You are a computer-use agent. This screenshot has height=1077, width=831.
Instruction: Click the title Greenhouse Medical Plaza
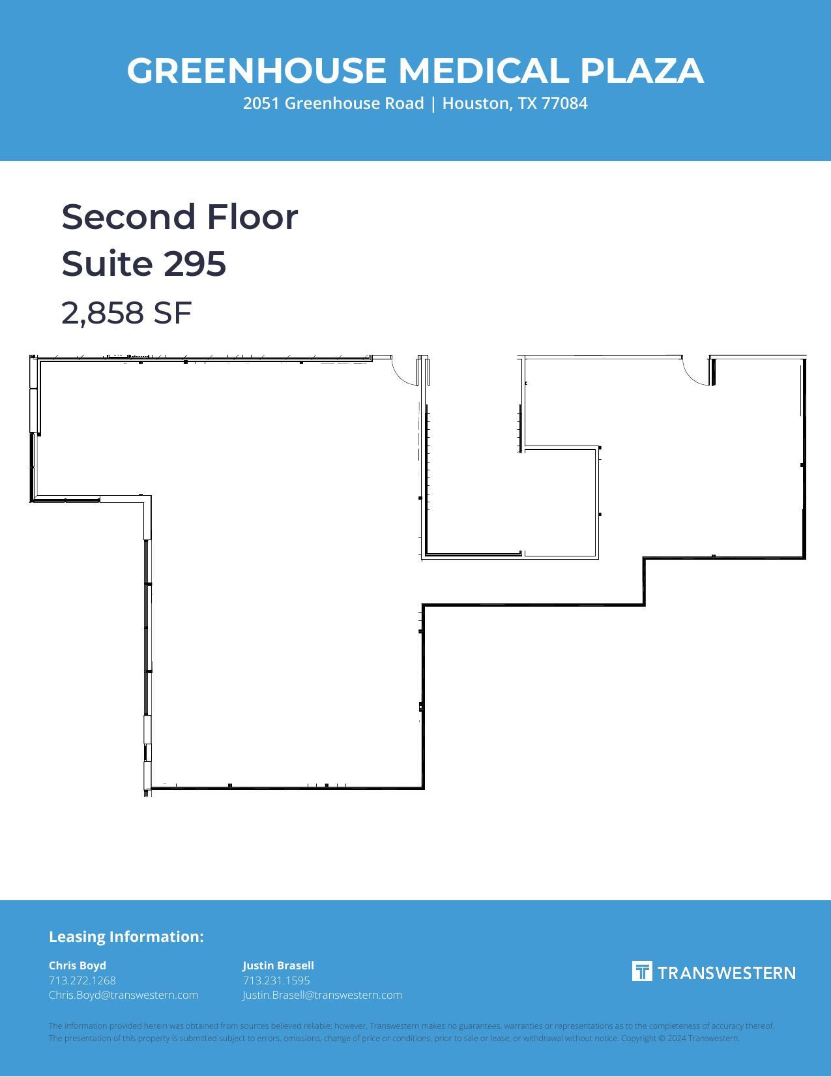pyautogui.click(x=415, y=70)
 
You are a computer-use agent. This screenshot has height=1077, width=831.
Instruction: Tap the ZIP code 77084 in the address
pyautogui.click(x=564, y=104)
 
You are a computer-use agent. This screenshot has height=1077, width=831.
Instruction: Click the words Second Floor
pyautogui.click(x=180, y=217)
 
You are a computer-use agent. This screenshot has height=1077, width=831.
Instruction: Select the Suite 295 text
pyautogui.click(x=144, y=264)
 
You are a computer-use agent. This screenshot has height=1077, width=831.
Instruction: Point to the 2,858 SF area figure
pyautogui.click(x=126, y=313)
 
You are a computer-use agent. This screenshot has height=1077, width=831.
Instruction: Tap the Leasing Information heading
pyautogui.click(x=126, y=937)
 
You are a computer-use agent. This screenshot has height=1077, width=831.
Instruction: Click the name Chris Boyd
pyautogui.click(x=78, y=965)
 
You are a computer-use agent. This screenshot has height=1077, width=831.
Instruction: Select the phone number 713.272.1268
pyautogui.click(x=82, y=980)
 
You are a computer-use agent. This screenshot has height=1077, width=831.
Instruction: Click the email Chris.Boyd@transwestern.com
pyautogui.click(x=123, y=995)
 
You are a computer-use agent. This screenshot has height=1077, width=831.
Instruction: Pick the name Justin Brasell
pyautogui.click(x=278, y=965)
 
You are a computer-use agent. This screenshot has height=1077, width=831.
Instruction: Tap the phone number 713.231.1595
pyautogui.click(x=276, y=980)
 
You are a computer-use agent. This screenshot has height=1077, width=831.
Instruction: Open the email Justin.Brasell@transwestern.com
pyautogui.click(x=323, y=995)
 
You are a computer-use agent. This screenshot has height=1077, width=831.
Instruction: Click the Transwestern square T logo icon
pyautogui.click(x=642, y=971)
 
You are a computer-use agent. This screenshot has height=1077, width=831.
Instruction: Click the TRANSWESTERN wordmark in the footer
pyautogui.click(x=726, y=973)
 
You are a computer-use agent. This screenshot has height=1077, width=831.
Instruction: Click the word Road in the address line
pyautogui.click(x=405, y=104)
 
